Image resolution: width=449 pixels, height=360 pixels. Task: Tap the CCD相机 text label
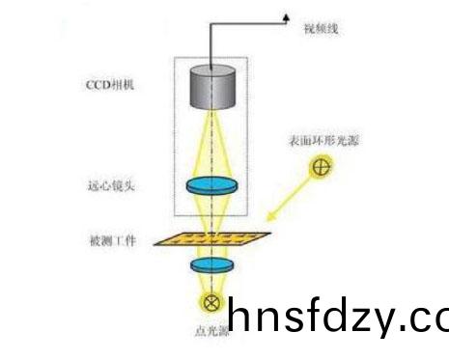[x=108, y=84]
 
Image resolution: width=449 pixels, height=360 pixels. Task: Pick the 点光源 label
[x=210, y=331]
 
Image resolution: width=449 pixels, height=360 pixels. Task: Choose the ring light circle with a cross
[x=323, y=167]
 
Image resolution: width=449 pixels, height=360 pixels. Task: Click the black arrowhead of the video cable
[x=287, y=15]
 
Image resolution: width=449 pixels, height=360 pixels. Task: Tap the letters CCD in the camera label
[x=97, y=84]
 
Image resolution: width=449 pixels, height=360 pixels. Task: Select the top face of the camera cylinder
[x=215, y=70]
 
